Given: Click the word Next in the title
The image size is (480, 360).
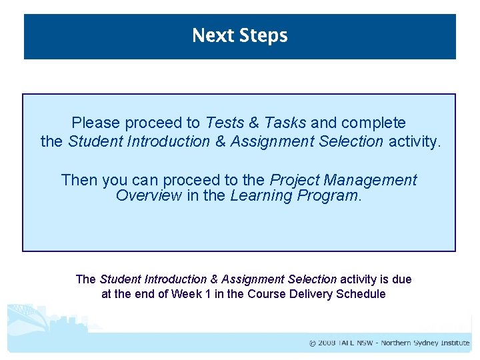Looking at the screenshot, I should pyautogui.click(x=210, y=35).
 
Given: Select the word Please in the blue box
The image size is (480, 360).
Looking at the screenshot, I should pyautogui.click(x=96, y=123).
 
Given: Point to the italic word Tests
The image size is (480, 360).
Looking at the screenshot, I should pyautogui.click(x=225, y=123).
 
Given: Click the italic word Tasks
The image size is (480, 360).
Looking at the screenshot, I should pyautogui.click(x=285, y=123).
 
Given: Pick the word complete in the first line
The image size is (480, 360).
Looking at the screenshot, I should pyautogui.click(x=373, y=123).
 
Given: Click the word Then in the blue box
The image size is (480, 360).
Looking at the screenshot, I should pyautogui.click(x=77, y=180).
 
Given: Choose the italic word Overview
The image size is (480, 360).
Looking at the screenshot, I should pyautogui.click(x=149, y=195).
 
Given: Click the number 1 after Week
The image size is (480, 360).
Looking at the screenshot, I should pyautogui.click(x=209, y=294).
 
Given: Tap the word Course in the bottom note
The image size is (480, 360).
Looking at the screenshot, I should pyautogui.click(x=267, y=294).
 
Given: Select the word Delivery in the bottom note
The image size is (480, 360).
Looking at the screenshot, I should pyautogui.click(x=311, y=294).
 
